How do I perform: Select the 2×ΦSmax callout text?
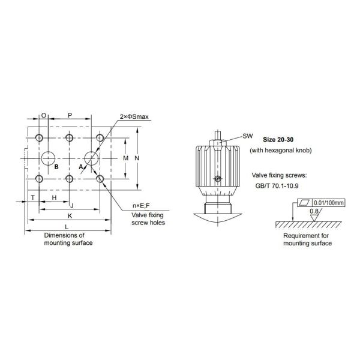134,116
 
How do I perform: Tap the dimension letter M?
125,158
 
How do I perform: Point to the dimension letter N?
137,158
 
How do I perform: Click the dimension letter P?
70,115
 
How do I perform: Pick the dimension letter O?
44,115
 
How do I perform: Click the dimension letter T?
33,197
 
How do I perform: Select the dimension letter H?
54,197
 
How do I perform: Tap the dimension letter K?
70,216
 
